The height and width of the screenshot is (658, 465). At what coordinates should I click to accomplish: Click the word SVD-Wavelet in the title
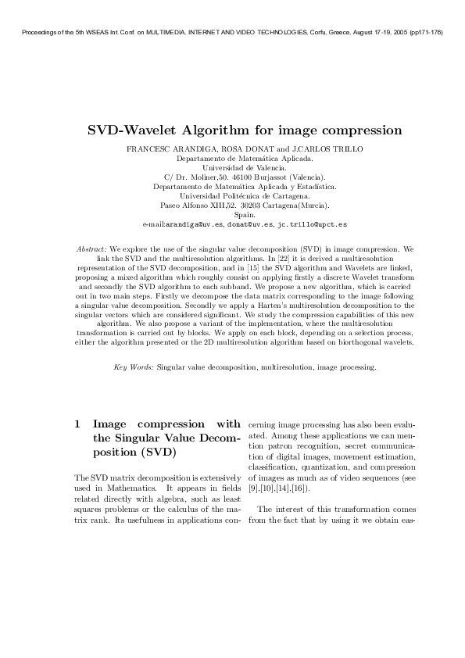pos(131,129)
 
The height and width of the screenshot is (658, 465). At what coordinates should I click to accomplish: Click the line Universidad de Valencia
pos(232,167)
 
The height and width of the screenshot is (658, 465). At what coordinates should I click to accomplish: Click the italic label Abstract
pos(91,248)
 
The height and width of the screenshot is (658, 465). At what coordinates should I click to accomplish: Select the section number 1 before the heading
pos(77,424)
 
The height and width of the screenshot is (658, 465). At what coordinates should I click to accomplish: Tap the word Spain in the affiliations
pos(232,214)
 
